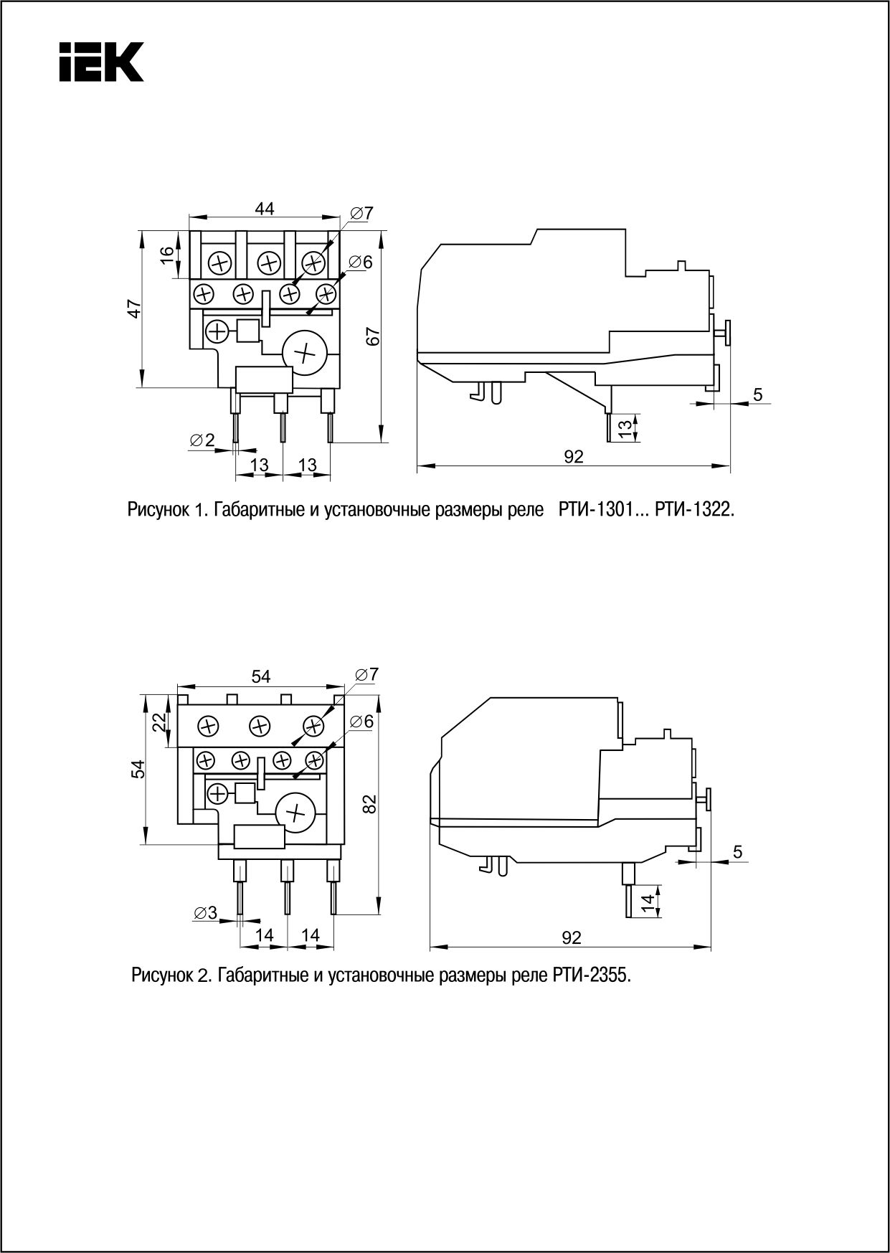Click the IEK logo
coord(101,61)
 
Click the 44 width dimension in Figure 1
coord(265,208)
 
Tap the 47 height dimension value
coord(134,309)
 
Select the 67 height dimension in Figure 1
coord(371,336)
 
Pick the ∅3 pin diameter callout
coord(204,913)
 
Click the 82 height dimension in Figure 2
coord(369,804)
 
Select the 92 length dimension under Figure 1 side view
coord(573,457)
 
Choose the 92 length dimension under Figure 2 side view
coord(571,937)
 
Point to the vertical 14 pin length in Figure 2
coord(648,903)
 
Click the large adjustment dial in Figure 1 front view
coord(304,352)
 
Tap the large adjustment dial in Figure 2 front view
coord(295,813)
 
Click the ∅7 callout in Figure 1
coord(362,213)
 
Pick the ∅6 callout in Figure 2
coord(362,722)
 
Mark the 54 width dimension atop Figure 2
coord(260,676)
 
